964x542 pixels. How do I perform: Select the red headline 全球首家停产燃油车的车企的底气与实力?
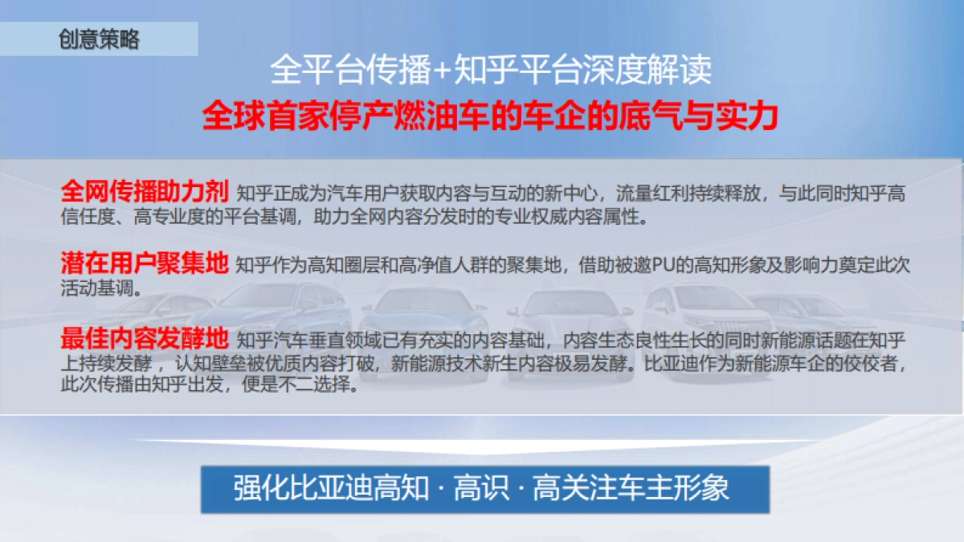[x=490, y=116]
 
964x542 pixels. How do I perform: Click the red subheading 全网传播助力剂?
[x=145, y=192]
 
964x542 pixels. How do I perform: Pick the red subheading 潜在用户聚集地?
[x=145, y=264]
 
